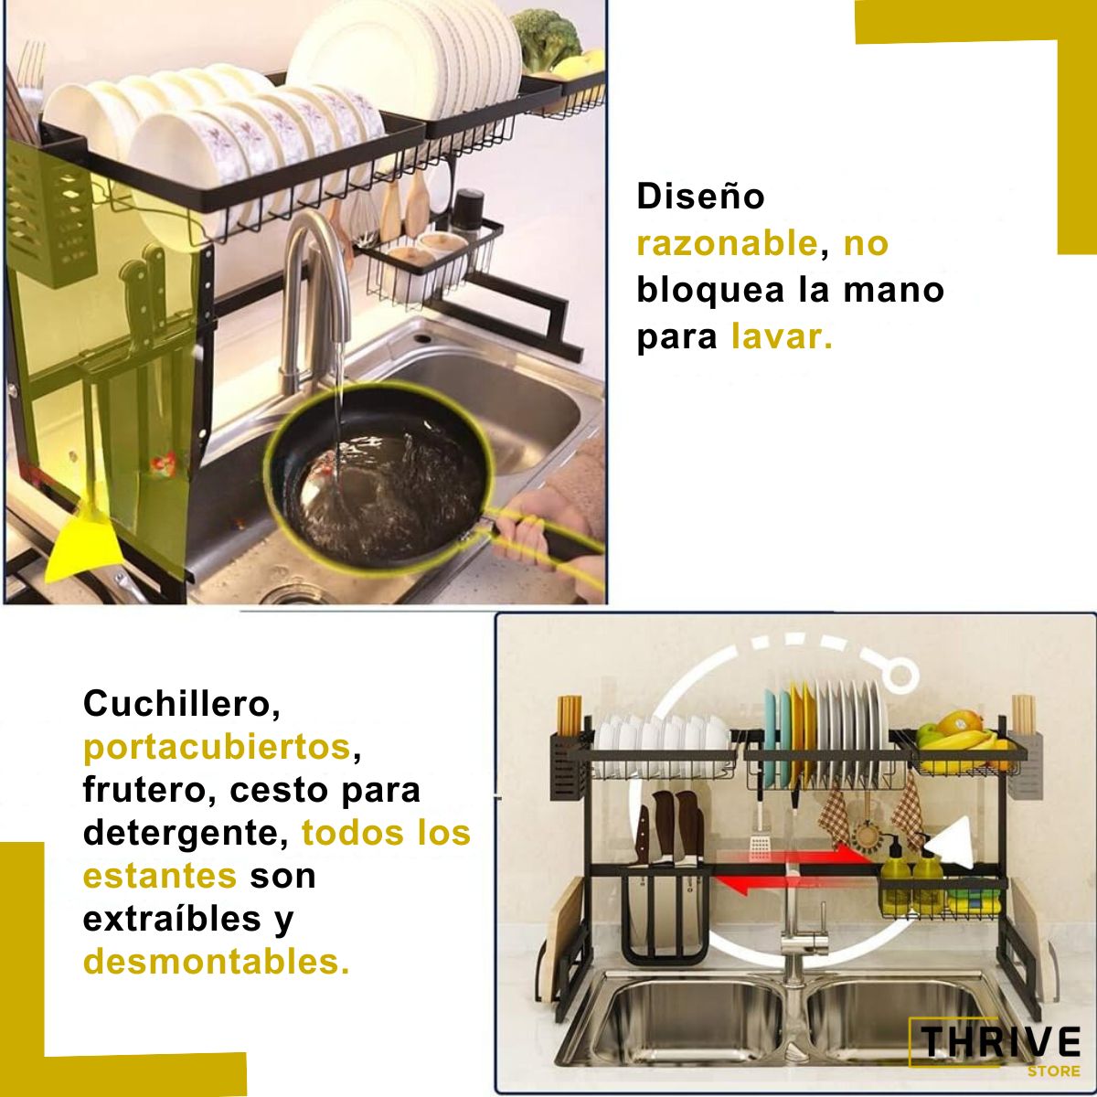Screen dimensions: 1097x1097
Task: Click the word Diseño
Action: (x=700, y=197)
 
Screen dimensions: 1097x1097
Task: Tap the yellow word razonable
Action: (x=728, y=244)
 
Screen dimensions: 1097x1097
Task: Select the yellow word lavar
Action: (x=781, y=336)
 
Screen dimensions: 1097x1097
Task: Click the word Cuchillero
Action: (x=182, y=705)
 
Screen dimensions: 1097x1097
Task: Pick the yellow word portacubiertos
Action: (x=217, y=748)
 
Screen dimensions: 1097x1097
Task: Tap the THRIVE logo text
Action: (x=1000, y=1042)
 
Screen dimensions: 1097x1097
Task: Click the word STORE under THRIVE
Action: (x=1054, y=1071)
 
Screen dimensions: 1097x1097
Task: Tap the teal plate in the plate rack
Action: (x=771, y=736)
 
